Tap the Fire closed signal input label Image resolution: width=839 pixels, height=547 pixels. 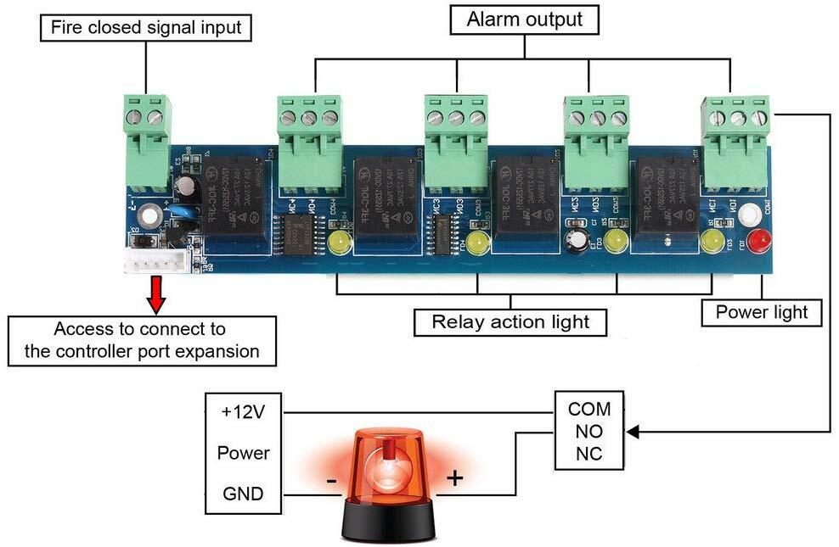tap(146, 27)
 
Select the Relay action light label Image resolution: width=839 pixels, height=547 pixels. tap(510, 321)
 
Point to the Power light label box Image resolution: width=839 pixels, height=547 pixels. tap(762, 312)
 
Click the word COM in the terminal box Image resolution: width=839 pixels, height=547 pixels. tap(588, 409)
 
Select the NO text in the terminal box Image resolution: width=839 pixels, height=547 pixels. tap(588, 432)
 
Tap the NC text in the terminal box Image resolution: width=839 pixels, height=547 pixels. tap(588, 454)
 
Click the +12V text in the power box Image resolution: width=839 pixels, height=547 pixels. tap(243, 412)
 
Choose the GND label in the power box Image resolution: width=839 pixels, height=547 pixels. tap(243, 494)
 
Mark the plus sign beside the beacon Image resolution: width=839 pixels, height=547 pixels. tap(455, 478)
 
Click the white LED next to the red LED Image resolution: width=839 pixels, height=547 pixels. tap(748, 215)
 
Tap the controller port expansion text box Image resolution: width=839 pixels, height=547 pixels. tap(142, 340)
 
